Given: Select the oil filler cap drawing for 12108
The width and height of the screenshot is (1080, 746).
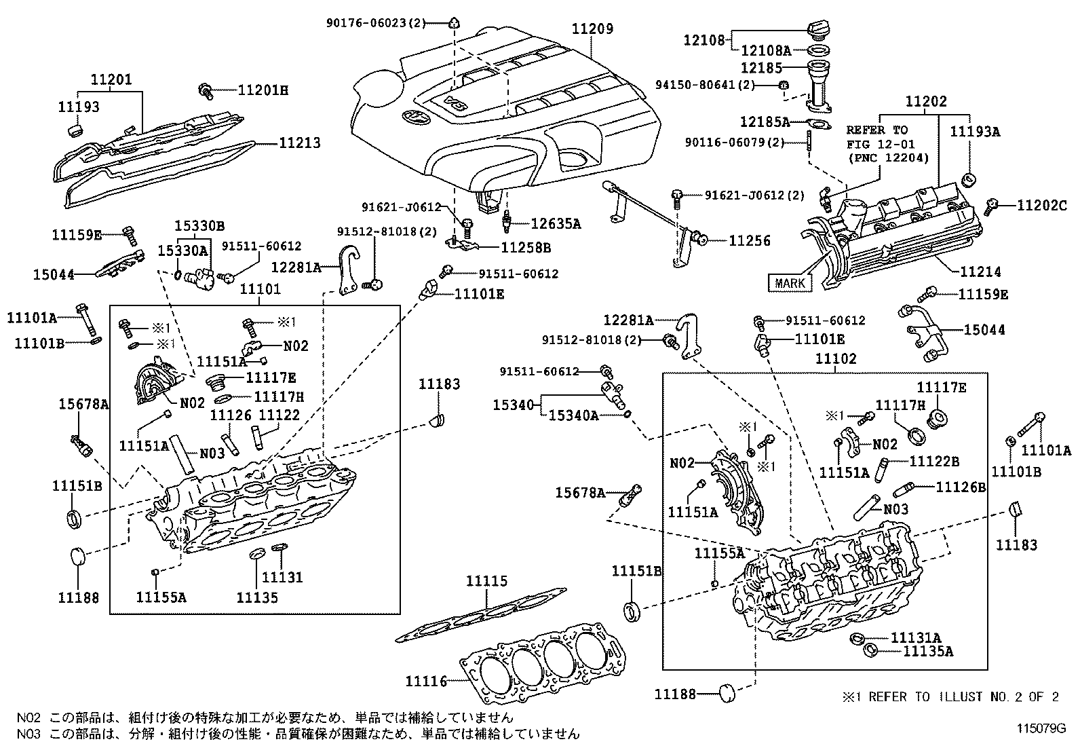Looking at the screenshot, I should (818, 31).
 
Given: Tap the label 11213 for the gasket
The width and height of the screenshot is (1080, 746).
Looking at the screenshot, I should (299, 144).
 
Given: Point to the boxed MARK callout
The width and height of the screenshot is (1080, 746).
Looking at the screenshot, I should (790, 282).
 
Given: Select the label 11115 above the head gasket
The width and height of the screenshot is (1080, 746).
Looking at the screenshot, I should (486, 581).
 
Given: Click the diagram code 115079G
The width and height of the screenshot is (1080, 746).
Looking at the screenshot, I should (1041, 728).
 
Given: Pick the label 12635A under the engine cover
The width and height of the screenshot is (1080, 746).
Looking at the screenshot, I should (555, 223).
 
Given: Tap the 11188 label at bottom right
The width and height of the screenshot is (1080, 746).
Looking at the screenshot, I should (675, 694).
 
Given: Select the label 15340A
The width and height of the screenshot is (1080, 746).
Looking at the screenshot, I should (573, 415).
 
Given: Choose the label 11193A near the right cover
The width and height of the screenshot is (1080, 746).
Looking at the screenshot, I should (974, 132).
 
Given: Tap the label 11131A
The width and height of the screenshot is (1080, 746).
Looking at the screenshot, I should (916, 637).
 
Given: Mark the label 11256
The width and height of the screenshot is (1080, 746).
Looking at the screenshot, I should (749, 240).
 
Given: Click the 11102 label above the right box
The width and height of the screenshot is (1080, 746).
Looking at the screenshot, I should (836, 358).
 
